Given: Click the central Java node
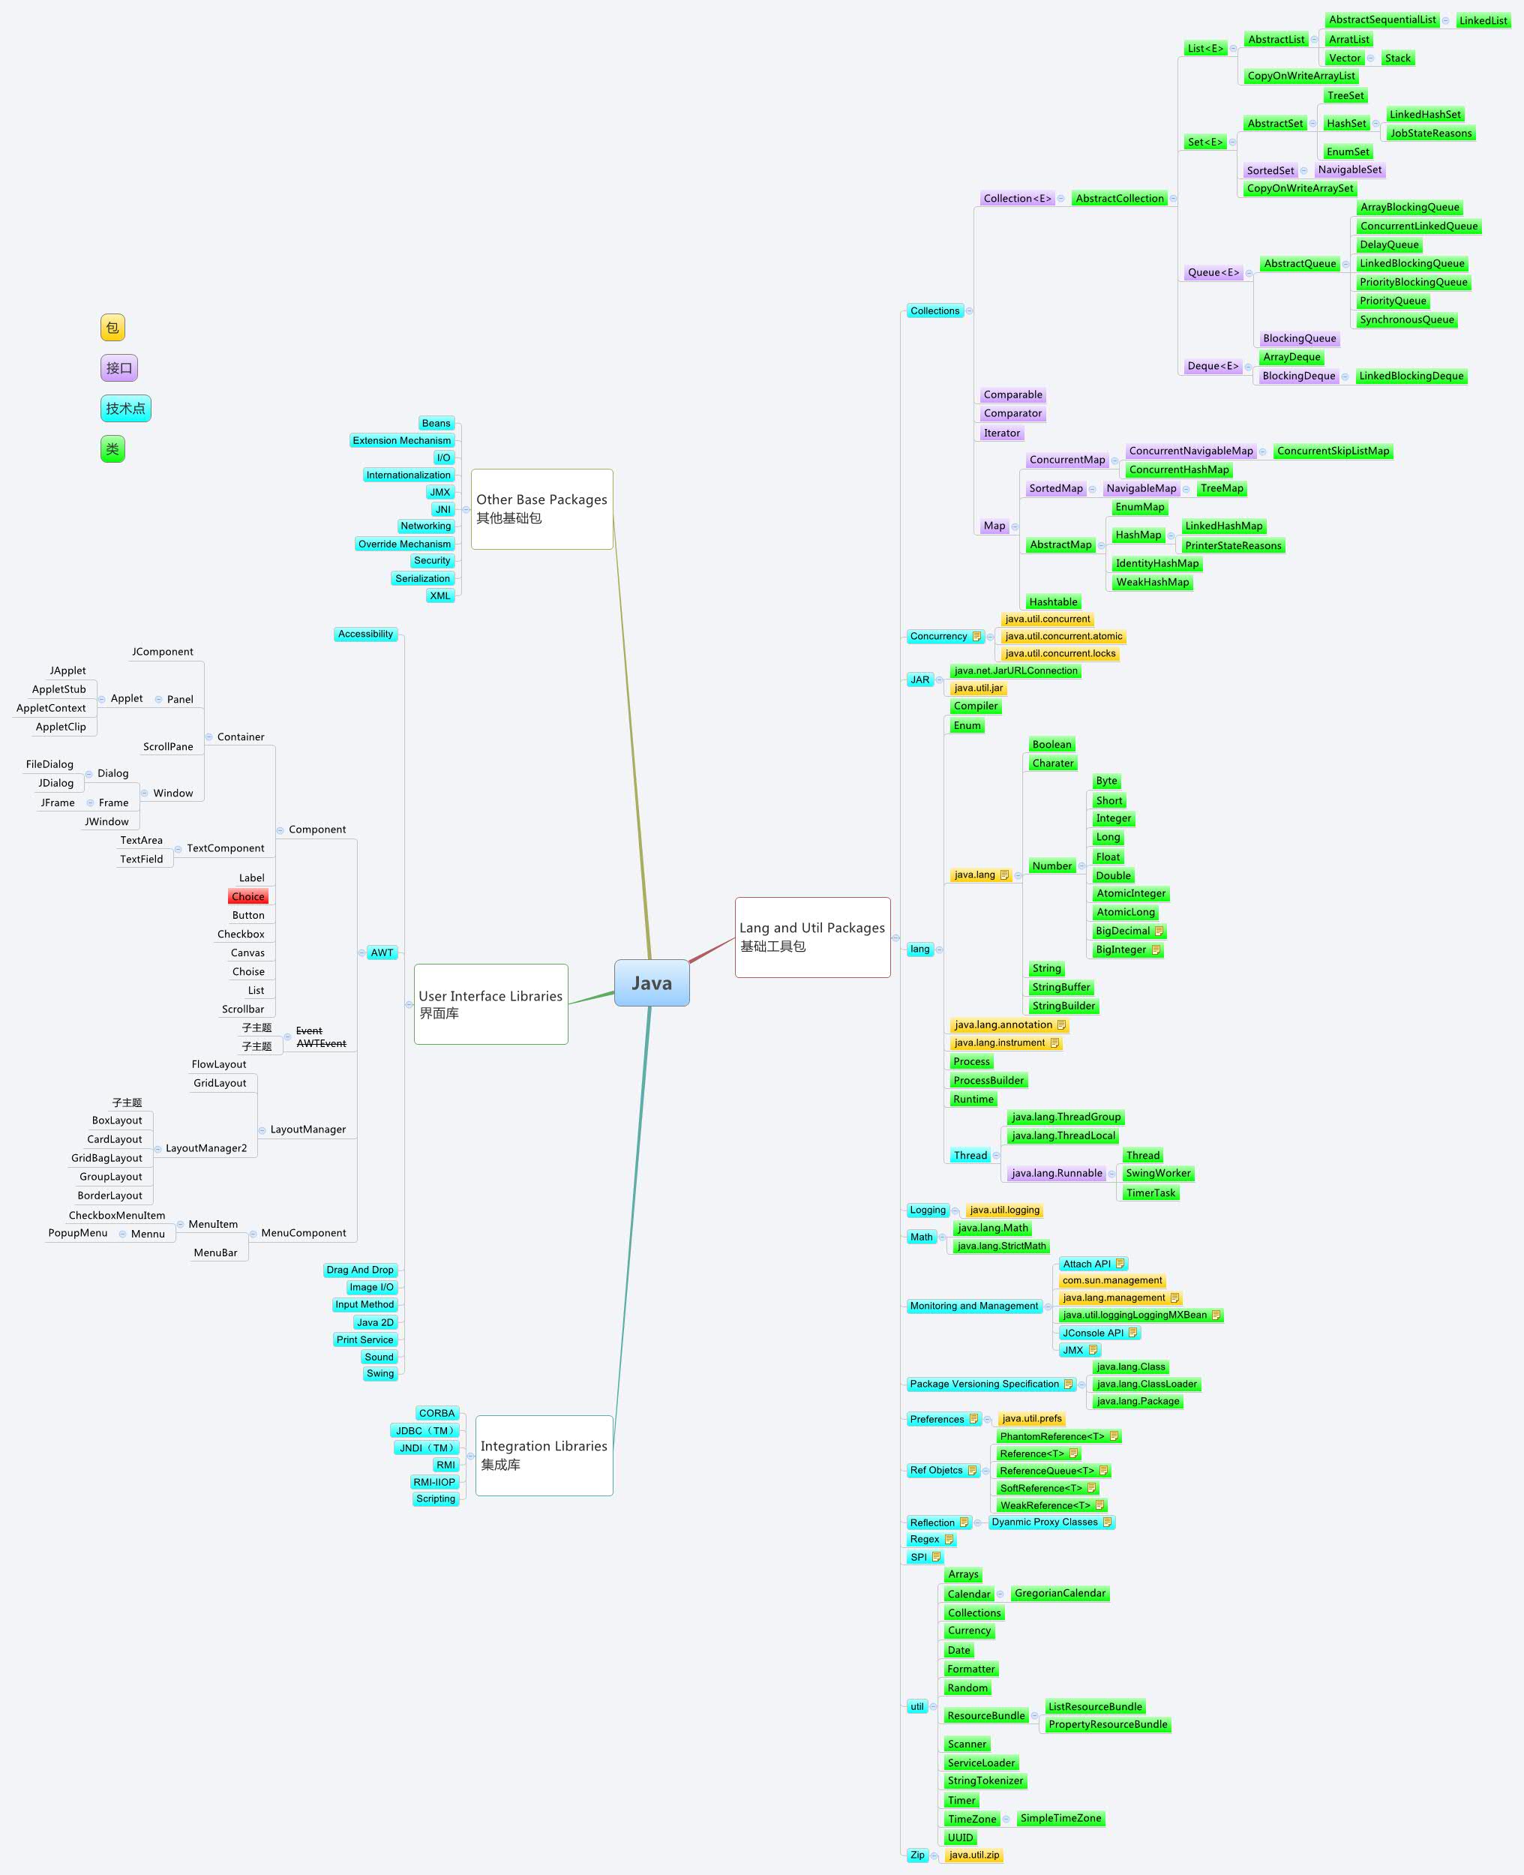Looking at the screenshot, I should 652,983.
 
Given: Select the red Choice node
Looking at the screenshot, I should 247,896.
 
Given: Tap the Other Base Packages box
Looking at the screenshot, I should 541,508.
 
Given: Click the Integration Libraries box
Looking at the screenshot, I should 544,1454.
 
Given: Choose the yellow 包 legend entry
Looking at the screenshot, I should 112,328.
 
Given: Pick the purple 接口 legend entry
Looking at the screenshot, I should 118,367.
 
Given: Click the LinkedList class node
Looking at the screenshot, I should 1482,20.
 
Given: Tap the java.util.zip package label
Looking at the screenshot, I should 973,1855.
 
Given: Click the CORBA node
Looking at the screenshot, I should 436,1413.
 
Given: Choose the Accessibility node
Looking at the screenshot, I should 365,634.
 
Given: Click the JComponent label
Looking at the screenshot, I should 163,651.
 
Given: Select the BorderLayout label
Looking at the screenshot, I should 109,1195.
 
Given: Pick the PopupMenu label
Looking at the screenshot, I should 78,1232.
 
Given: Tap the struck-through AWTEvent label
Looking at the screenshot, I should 320,1044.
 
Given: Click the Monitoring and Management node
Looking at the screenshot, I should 973,1306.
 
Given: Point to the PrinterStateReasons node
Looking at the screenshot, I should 1231,546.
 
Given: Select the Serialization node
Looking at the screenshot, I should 422,578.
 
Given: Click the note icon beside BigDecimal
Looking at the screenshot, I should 1158,931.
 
